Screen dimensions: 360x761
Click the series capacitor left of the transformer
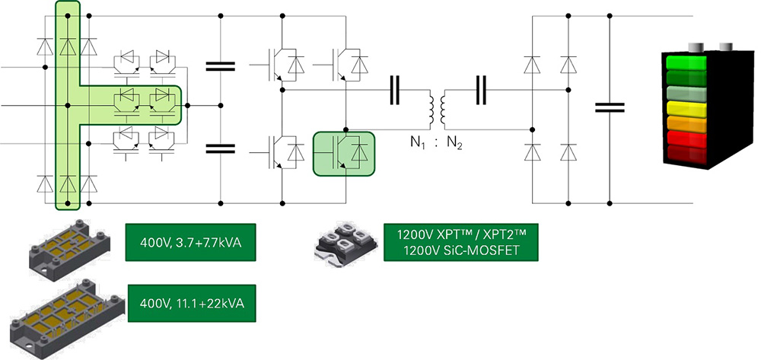(x=395, y=89)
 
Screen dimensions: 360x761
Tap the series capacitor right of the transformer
(x=482, y=89)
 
